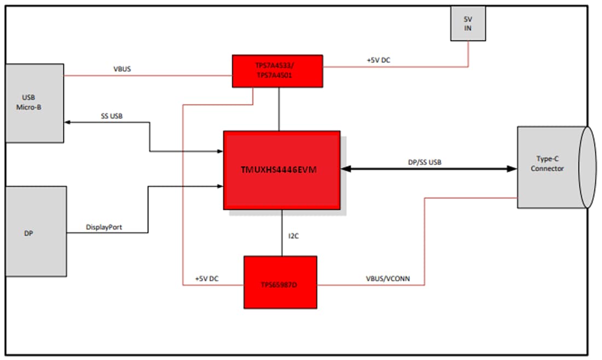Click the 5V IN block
(x=468, y=24)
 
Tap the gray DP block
(x=35, y=232)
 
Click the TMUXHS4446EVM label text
(x=279, y=170)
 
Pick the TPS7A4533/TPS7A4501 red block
(x=277, y=71)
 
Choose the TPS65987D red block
(x=280, y=282)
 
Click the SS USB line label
(x=112, y=116)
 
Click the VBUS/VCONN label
(x=387, y=278)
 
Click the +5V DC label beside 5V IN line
(x=378, y=60)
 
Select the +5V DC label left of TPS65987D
(x=207, y=278)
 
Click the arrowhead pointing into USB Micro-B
(x=68, y=122)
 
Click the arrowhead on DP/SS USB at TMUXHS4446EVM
(x=345, y=169)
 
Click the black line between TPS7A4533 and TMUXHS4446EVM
(x=279, y=109)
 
